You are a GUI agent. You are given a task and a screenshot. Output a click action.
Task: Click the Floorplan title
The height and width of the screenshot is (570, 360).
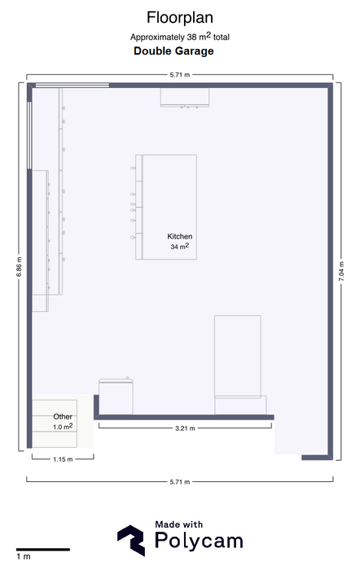pos(180,18)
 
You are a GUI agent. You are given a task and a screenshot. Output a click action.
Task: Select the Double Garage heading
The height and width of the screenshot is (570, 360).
pos(173,50)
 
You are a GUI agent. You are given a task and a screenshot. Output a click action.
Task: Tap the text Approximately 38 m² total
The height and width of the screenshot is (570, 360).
pos(180,37)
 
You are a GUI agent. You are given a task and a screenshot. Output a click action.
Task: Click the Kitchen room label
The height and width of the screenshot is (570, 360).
pos(180,236)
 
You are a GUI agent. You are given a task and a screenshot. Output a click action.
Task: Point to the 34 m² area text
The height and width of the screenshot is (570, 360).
pos(180,247)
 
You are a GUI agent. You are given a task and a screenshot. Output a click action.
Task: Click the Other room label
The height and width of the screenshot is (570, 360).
pos(63,417)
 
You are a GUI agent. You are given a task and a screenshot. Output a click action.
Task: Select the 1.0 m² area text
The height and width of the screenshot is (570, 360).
pos(63,427)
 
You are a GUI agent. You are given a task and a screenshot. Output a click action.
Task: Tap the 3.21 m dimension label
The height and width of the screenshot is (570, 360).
pos(185,428)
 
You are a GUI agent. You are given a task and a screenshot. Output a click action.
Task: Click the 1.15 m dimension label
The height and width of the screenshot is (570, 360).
pos(63,459)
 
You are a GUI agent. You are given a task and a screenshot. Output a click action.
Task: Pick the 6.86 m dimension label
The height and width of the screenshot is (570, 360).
pos(19,267)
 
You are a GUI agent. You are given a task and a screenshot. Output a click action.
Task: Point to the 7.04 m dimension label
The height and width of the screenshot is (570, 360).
pos(341,271)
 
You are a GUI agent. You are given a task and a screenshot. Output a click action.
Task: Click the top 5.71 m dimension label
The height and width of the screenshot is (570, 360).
pos(180,75)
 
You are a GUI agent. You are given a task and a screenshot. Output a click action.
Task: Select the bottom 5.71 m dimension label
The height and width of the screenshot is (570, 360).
pos(180,482)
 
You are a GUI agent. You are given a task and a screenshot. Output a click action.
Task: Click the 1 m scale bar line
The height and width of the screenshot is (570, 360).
pos(43,550)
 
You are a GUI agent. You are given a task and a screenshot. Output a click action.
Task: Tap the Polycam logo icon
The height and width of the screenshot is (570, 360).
pos(131,541)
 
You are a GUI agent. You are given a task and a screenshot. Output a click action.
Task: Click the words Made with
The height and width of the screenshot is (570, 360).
pos(178,524)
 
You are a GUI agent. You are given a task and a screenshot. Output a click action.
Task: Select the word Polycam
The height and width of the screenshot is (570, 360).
pos(199,541)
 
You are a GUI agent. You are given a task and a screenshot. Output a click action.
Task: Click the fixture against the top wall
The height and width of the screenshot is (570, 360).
pos(185,98)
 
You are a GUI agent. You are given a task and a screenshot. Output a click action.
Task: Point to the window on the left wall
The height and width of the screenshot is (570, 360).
pos(29,135)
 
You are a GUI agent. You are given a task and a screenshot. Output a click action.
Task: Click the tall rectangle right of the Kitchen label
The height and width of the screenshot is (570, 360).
pos(238,357)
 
